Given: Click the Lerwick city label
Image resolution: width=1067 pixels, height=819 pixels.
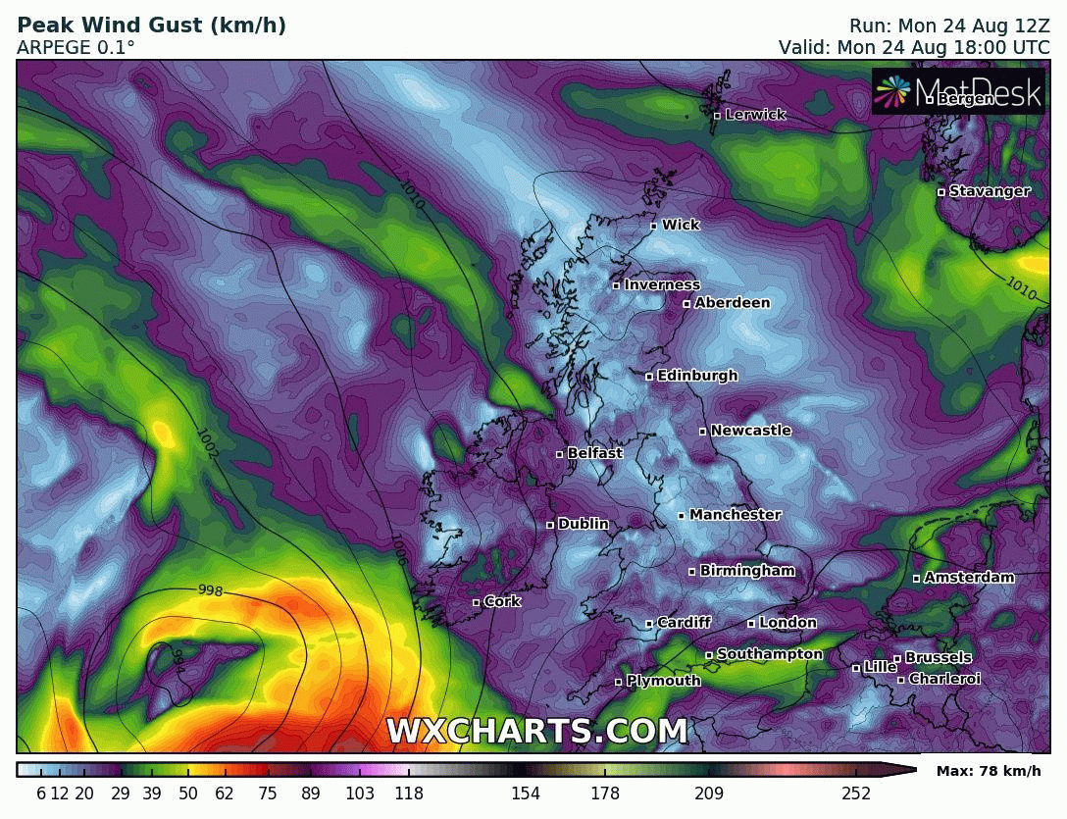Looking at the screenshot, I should point(755,115).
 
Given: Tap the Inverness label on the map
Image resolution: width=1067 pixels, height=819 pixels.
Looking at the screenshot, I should point(662,285).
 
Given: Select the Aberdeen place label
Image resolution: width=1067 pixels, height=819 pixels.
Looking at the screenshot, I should point(732,303).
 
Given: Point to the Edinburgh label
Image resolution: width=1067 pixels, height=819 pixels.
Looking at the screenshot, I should point(697,376).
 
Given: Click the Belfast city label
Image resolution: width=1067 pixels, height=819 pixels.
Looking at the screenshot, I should point(594,453).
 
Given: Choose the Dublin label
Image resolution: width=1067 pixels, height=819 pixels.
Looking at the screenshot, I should point(583,525).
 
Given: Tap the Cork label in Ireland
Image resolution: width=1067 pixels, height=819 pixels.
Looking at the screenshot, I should point(502,601).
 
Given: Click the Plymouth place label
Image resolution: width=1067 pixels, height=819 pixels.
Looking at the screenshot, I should point(663,681).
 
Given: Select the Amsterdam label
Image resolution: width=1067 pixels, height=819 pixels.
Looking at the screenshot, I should point(969,578).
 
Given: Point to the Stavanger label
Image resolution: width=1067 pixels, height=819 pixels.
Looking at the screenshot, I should point(990,191).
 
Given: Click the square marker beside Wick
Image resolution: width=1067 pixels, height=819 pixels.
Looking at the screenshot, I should point(654,227).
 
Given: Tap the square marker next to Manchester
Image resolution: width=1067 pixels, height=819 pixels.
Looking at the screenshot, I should point(682,516).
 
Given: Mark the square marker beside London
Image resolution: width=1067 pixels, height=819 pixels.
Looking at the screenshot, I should point(751,624).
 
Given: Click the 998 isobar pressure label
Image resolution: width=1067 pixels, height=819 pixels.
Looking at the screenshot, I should point(210,589).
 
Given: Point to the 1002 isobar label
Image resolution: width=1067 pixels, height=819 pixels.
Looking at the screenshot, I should point(208,443).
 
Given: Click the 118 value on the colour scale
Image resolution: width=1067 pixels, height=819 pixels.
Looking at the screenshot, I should point(409,793).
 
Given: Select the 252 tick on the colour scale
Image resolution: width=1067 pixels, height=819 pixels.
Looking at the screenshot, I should point(856,793).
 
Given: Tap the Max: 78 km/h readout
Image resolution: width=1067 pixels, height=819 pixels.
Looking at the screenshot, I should point(989,771).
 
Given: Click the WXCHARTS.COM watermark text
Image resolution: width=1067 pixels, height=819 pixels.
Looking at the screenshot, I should point(536,731).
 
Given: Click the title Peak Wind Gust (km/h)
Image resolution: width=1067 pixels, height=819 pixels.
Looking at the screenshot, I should point(152,26).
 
